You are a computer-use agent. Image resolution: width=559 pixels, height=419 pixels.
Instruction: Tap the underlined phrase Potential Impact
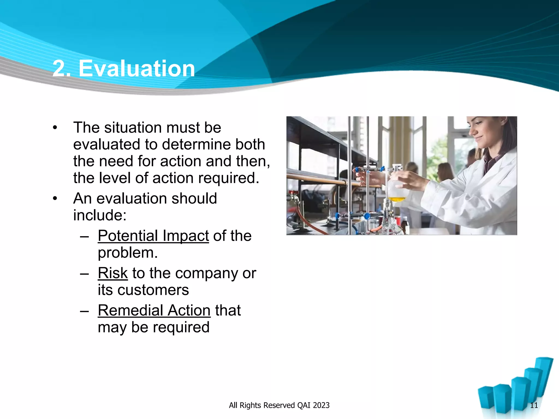click(x=153, y=236)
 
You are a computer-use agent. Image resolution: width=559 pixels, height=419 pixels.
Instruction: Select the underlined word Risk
click(x=112, y=273)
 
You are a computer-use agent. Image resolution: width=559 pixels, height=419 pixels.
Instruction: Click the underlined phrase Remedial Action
click(x=154, y=310)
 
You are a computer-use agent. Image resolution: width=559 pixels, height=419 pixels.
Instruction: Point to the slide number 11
click(x=534, y=405)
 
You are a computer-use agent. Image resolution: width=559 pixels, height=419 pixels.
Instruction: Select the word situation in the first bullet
click(x=133, y=128)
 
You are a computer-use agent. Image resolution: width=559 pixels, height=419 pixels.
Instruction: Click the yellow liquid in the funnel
click(x=396, y=199)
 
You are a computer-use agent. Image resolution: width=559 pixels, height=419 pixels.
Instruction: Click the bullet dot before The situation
click(x=55, y=128)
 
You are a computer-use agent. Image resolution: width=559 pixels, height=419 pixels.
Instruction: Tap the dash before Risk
click(x=84, y=273)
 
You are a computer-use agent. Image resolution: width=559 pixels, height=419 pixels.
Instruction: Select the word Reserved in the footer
click(x=279, y=405)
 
